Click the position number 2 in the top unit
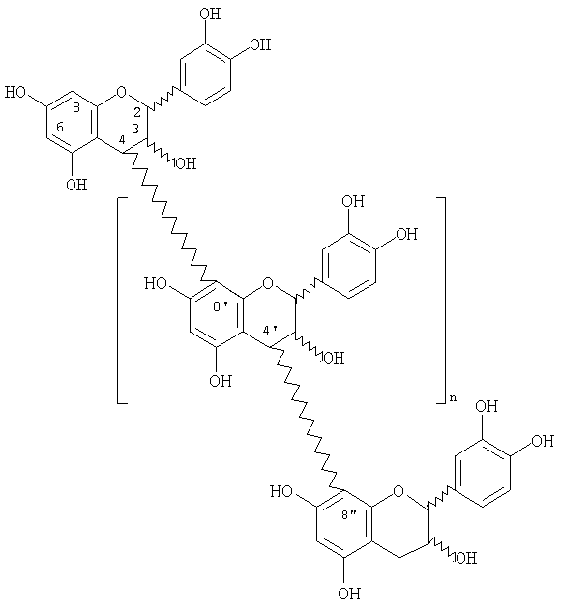coord(136,112)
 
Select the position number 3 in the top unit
coord(134,128)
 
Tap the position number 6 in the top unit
coord(60,127)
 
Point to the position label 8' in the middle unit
coord(221,306)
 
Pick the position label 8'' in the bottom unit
coord(349,515)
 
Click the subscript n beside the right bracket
coord(452,398)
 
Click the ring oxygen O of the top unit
coord(122,93)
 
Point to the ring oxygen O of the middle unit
coord(267,283)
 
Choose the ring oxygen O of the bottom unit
coord(399,491)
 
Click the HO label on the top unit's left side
coord(15,93)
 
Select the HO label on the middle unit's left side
coord(156,283)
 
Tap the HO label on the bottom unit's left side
coord(281,491)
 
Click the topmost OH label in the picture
coord(210,14)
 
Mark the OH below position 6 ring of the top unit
coord(76,185)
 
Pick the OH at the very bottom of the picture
coord(349,594)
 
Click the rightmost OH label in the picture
coord(543,441)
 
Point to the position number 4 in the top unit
coord(123,139)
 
